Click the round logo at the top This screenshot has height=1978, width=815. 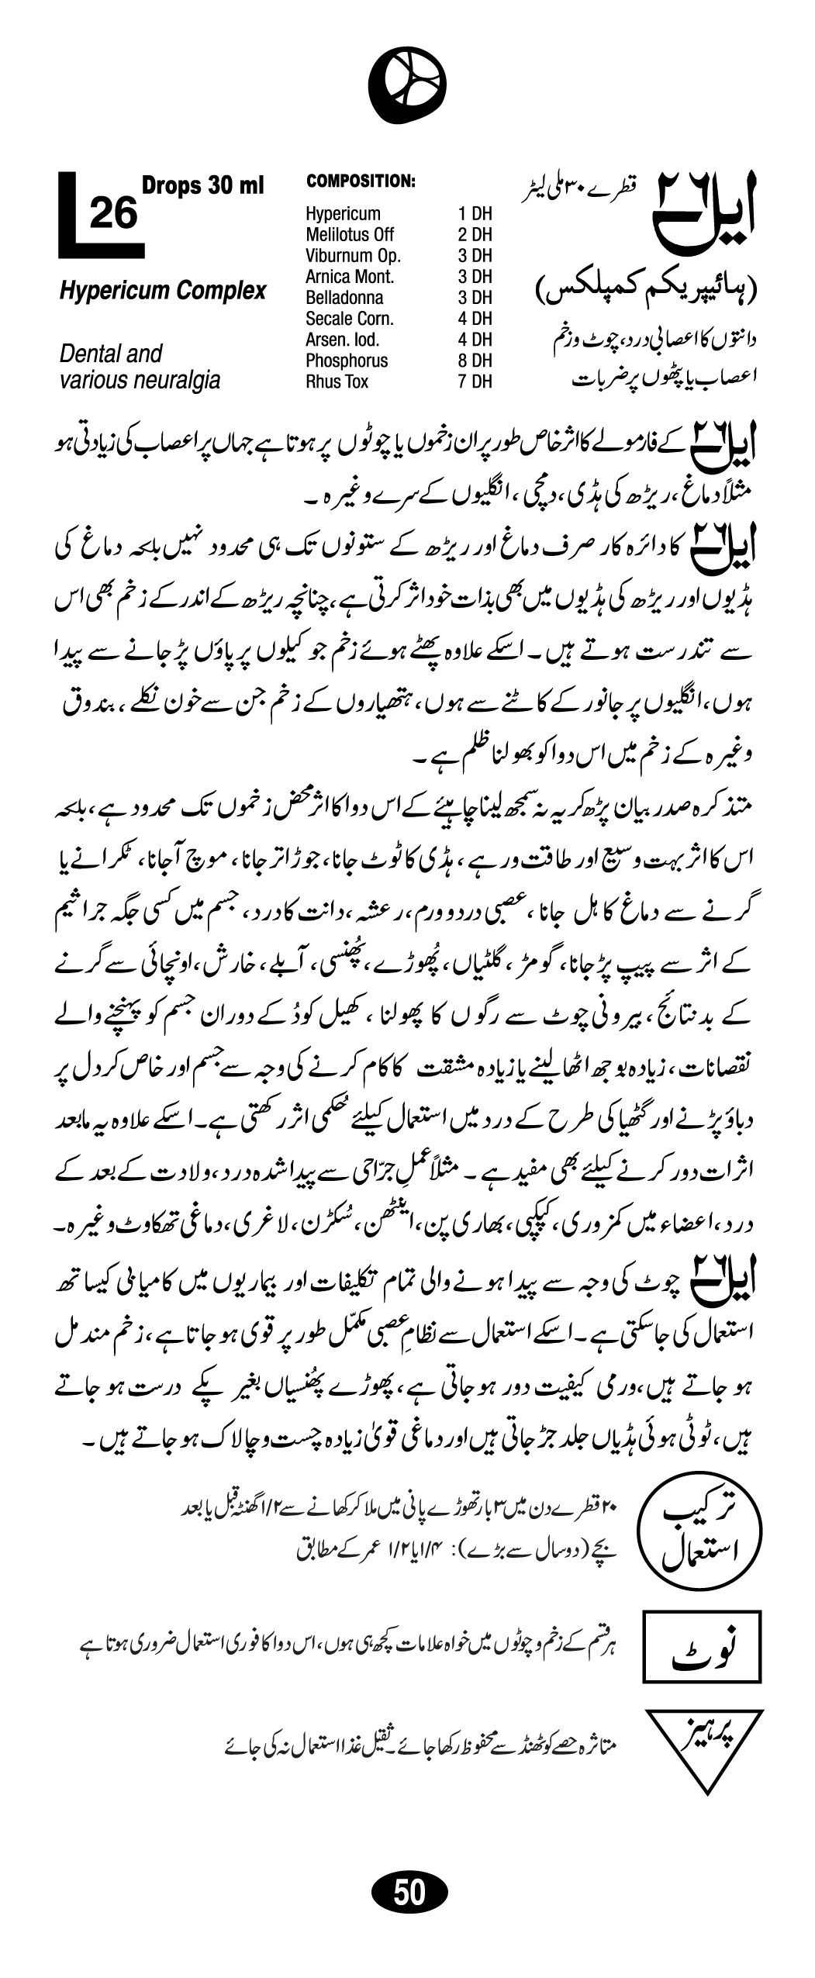pyautogui.click(x=407, y=84)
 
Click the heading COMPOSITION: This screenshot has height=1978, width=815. pyautogui.click(x=361, y=181)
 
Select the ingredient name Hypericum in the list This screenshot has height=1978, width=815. pyautogui.click(x=343, y=214)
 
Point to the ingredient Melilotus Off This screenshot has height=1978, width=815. pyautogui.click(x=350, y=235)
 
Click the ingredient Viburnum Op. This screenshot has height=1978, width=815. pyautogui.click(x=353, y=256)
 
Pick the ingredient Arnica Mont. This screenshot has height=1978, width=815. pyautogui.click(x=350, y=277)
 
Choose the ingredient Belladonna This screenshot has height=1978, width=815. pyautogui.click(x=344, y=298)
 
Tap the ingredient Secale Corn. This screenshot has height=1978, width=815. pyautogui.click(x=350, y=319)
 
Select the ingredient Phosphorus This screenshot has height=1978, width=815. pyautogui.click(x=347, y=361)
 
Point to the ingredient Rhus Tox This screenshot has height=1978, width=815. pyautogui.click(x=337, y=381)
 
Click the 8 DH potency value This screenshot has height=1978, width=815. pyautogui.click(x=475, y=361)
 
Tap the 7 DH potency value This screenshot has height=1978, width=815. pyautogui.click(x=475, y=381)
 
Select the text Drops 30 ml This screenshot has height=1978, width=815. pyautogui.click(x=202, y=186)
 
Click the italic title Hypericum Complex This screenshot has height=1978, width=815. pyautogui.click(x=163, y=292)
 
